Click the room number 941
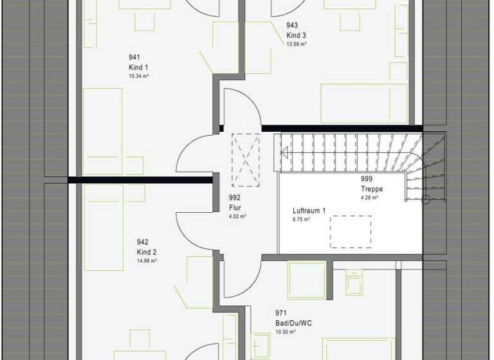pos(134,57)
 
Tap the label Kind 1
pos(138,67)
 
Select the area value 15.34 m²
pos(140,75)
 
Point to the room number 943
pos(292,26)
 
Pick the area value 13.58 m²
pos(297,44)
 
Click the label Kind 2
pos(147,251)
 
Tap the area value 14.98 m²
pos(147,260)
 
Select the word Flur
pos(235,208)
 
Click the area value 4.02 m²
pos(237,217)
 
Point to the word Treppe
pos(372,189)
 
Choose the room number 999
pos(367,180)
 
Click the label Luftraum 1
pos(309,210)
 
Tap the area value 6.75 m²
pos(302,219)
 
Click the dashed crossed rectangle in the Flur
pos(245,160)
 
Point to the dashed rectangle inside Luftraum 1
pos(351,231)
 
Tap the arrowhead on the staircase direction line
pos(283,152)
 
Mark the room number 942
pos(142,242)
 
